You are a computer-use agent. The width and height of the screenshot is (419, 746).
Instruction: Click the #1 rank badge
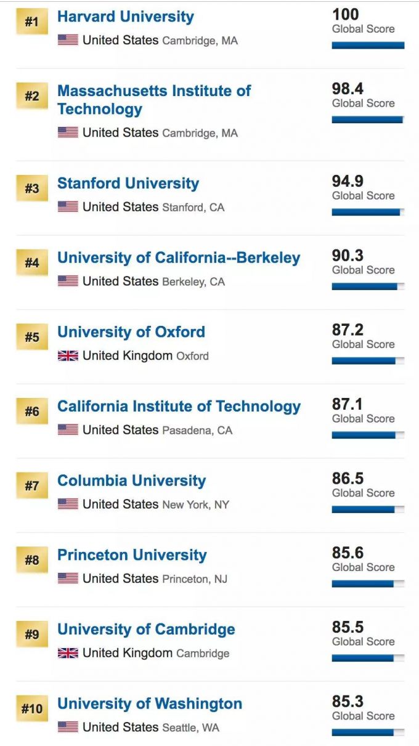click(31, 22)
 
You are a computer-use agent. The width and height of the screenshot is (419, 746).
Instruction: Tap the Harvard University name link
click(125, 17)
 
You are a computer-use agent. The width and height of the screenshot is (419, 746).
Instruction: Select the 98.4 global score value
click(348, 89)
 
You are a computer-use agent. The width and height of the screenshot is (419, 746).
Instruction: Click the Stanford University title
click(128, 184)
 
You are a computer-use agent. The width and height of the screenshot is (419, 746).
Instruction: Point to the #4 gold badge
click(31, 263)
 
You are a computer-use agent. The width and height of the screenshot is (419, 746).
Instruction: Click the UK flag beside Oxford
click(68, 355)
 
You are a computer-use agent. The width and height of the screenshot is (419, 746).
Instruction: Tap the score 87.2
click(348, 330)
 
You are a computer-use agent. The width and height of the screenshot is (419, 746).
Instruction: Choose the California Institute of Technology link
click(179, 407)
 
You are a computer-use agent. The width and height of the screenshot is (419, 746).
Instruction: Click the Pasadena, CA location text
click(197, 431)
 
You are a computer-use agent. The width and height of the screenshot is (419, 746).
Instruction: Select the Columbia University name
click(131, 481)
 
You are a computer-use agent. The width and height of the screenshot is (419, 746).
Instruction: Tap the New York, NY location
click(195, 505)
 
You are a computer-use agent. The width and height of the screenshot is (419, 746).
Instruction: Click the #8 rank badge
click(31, 561)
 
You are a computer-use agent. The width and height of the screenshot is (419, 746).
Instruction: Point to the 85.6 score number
click(348, 553)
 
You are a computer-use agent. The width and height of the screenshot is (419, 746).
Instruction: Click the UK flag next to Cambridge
click(68, 653)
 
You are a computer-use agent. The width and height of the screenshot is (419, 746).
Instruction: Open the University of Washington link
click(149, 704)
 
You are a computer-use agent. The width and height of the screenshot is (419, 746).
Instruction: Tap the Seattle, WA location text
click(190, 728)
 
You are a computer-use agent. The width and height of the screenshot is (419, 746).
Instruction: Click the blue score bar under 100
click(368, 45)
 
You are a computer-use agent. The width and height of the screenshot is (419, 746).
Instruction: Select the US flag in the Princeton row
click(68, 578)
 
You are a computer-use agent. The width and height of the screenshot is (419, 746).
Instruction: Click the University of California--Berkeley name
click(179, 258)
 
